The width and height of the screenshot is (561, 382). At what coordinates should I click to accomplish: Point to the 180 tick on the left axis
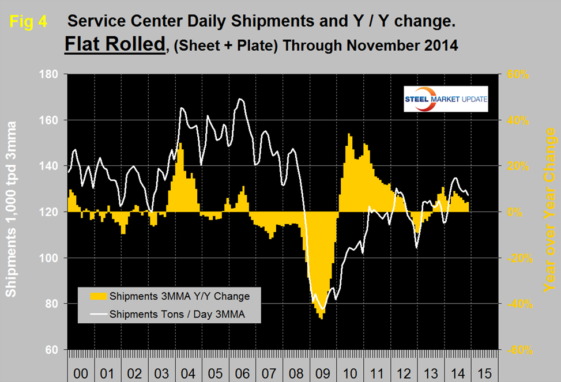click(51, 74)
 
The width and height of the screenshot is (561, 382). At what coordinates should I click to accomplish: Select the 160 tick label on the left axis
click(51, 120)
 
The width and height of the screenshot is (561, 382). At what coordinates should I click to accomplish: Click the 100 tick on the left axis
click(51, 258)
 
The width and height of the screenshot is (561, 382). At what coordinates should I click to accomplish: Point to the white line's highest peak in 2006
click(240, 99)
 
